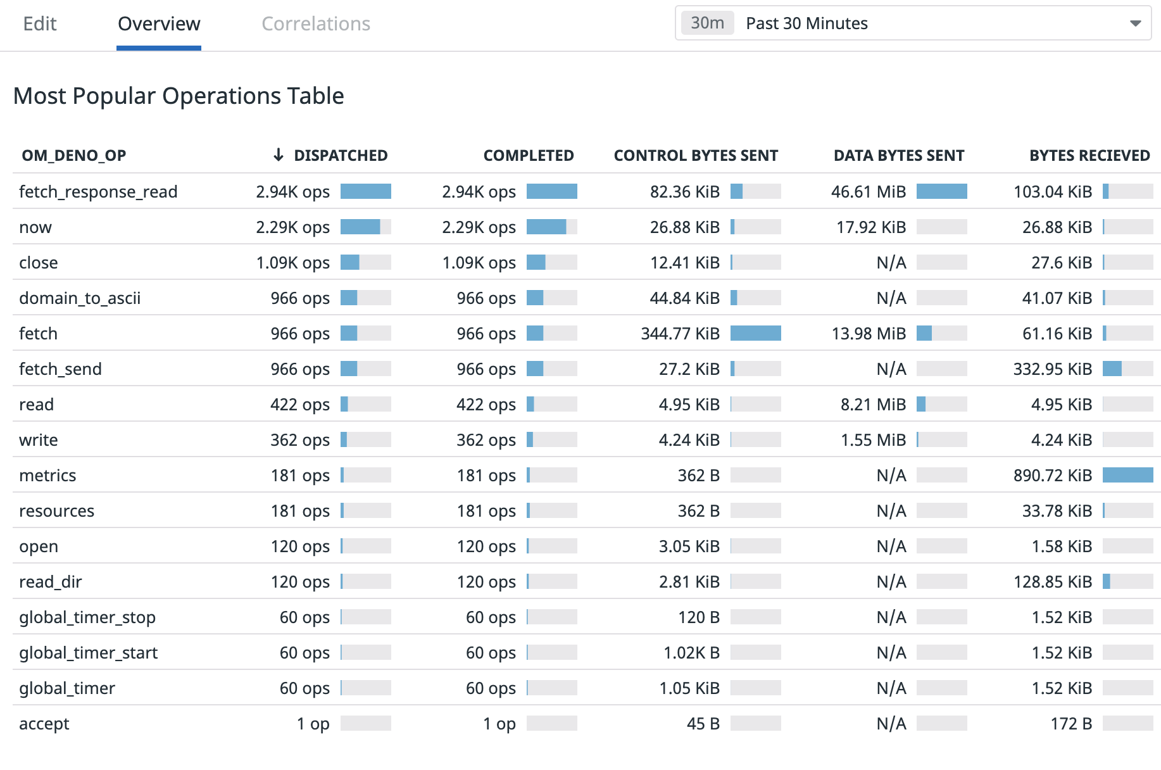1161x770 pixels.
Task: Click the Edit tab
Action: [40, 24]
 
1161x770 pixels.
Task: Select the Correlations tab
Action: [316, 24]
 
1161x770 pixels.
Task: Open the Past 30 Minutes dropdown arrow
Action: [1135, 23]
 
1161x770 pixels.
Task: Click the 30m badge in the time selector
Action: [707, 23]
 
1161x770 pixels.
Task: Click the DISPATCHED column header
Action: [340, 156]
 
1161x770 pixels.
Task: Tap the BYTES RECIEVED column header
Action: [1089, 156]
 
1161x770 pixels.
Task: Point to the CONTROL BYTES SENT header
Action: [696, 156]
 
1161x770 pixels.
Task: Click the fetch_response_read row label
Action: [98, 192]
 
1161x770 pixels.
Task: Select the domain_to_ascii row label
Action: [80, 298]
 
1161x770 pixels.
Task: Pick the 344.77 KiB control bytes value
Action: [680, 334]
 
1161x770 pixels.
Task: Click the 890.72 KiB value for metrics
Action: [1052, 476]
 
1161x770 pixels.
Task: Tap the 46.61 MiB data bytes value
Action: [868, 192]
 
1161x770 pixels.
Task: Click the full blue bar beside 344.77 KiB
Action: [755, 333]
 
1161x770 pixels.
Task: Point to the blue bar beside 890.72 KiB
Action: [1127, 475]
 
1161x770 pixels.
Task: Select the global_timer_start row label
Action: [88, 653]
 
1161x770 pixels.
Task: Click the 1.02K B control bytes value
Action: [691, 653]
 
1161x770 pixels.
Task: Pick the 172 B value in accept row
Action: [1071, 724]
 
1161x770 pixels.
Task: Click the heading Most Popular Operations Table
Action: [179, 96]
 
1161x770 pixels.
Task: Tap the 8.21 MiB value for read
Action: [873, 405]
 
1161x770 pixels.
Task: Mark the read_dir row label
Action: [51, 582]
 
